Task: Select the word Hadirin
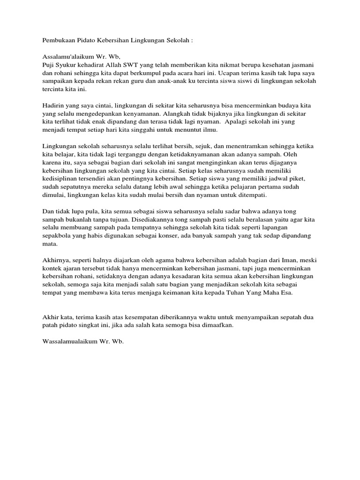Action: [x=54, y=106]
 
